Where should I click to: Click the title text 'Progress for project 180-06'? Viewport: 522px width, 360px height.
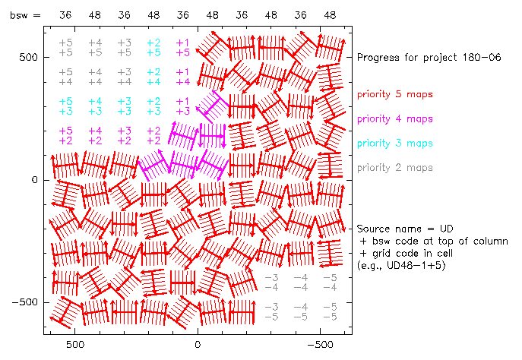[426, 58]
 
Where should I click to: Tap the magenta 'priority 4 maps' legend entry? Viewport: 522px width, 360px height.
[394, 118]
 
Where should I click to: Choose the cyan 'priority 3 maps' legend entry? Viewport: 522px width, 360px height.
[394, 143]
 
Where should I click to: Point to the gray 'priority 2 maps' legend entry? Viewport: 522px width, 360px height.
[394, 167]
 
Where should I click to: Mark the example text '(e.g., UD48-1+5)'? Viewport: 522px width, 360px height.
[400, 265]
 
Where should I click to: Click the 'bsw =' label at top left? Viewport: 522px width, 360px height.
[24, 15]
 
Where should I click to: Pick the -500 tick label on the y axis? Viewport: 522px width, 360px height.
[24, 302]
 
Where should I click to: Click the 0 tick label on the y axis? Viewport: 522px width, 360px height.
[35, 180]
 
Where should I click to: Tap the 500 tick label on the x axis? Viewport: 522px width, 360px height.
[74, 344]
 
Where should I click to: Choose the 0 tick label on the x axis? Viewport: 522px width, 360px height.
[198, 344]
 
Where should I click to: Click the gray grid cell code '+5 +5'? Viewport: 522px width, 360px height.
[66, 48]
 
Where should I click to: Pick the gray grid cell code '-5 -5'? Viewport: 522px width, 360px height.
[329, 311]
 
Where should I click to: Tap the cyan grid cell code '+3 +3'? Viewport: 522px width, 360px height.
[125, 106]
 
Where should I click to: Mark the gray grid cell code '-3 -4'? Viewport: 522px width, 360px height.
[272, 282]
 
